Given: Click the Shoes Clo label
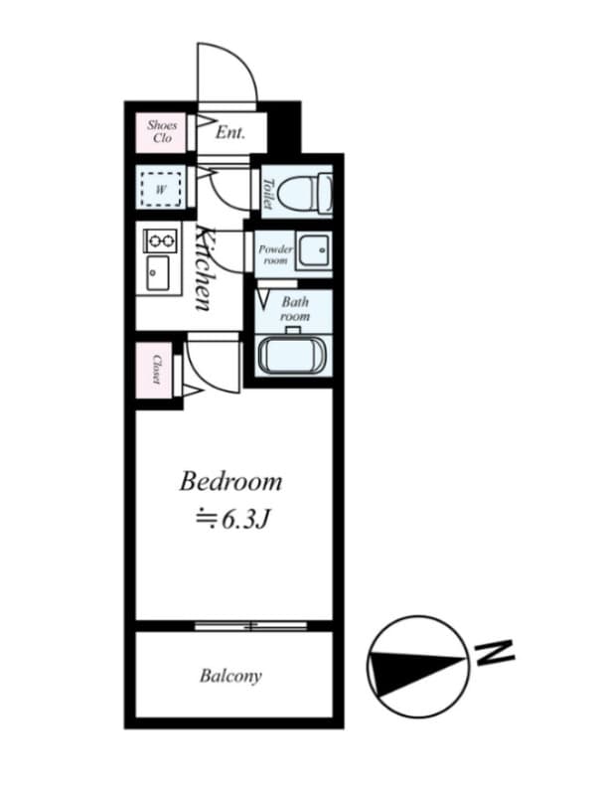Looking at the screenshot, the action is point(162,131).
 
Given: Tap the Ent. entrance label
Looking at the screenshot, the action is point(230,133).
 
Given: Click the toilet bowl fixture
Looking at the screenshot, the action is point(306,192).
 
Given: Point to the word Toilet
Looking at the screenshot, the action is point(267,194).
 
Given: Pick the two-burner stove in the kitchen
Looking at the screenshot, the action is point(162,240).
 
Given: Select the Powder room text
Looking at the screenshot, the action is point(275,254).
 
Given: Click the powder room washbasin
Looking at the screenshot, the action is point(314,250).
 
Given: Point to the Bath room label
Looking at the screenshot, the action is point(295,309).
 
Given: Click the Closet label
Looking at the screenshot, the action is point(157,369).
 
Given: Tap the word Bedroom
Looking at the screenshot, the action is point(230,482).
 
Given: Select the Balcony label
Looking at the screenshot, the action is point(230,676).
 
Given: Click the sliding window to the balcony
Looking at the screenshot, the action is point(250,626).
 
